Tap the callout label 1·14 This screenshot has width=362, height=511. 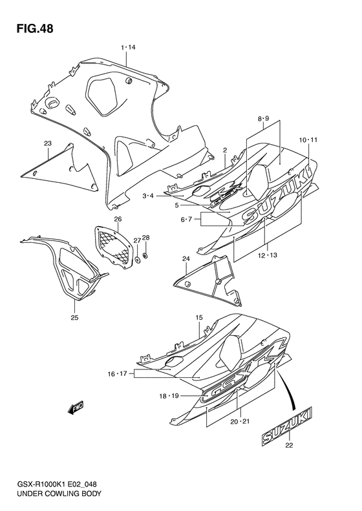(x=127, y=47)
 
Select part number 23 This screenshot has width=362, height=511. (x=48, y=143)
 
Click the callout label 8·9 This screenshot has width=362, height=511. (x=262, y=119)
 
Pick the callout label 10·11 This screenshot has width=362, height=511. (x=308, y=140)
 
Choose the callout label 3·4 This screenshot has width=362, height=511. (x=148, y=195)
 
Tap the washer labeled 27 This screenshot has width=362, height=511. (x=137, y=261)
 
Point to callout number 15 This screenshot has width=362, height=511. (x=199, y=317)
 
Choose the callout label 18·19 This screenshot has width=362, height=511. (x=170, y=395)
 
